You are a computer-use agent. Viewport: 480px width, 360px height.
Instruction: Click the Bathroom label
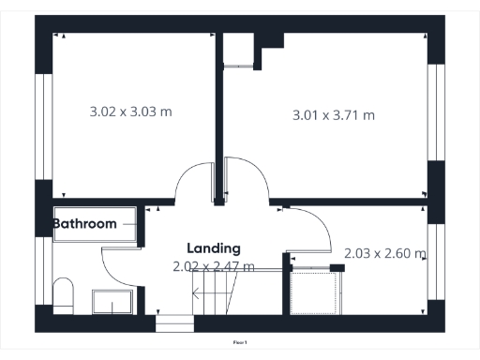pos(84,224)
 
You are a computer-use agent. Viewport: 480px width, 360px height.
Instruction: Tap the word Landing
pos(214,248)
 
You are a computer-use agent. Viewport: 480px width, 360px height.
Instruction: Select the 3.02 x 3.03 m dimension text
pos(131,112)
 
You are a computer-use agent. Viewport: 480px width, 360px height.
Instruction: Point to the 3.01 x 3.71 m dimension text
pos(334,116)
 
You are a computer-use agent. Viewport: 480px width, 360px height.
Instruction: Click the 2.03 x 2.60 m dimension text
pos(385,254)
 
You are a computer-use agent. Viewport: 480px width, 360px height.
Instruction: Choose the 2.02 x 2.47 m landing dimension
pos(214,267)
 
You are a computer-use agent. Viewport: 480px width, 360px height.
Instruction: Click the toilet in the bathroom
pos(64,292)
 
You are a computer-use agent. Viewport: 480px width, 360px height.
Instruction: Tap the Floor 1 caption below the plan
pos(240,344)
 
